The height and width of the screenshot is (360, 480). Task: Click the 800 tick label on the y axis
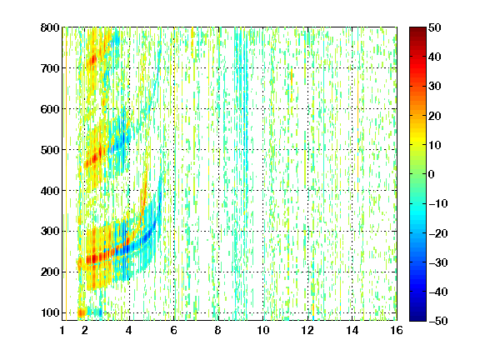point(50,27)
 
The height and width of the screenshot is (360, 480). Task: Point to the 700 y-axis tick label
point(50,68)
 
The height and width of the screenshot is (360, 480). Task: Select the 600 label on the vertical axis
point(50,109)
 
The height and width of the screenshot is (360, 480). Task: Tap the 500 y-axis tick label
point(50,150)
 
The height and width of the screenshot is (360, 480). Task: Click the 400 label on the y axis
point(50,191)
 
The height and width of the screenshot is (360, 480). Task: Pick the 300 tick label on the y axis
point(50,231)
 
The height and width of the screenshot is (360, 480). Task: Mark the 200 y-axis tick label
point(50,272)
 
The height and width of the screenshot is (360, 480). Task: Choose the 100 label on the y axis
point(50,312)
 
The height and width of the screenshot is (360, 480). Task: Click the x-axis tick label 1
point(62,330)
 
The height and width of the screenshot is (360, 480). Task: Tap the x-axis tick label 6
point(174,330)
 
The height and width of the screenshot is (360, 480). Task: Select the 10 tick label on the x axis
point(263,330)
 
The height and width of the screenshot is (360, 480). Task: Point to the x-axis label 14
point(352,330)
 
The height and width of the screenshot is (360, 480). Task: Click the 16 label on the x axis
point(397,330)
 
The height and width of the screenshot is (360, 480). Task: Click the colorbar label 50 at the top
point(435,27)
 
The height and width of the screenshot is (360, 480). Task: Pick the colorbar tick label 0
point(432,174)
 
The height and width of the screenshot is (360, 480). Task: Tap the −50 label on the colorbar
point(438,321)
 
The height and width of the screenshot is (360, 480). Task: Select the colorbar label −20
point(438,233)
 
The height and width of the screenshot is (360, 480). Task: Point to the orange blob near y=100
point(82,312)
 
